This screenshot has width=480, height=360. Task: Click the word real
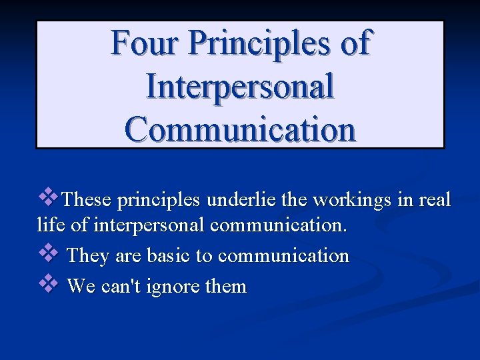(x=436, y=199)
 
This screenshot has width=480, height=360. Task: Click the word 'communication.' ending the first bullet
(x=279, y=225)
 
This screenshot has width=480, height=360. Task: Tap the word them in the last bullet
(x=225, y=287)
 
